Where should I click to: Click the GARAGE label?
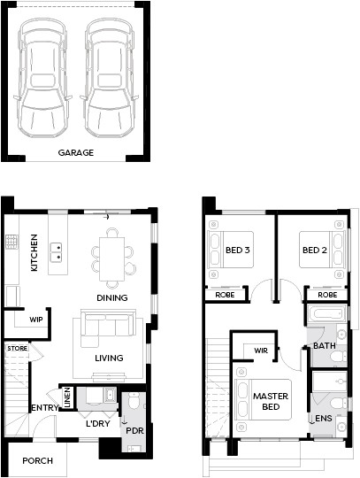[76, 152]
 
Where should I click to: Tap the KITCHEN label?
[34, 252]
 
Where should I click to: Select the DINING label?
[112, 297]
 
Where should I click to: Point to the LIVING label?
[109, 358]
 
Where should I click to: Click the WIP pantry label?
[36, 320]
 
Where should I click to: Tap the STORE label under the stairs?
[18, 348]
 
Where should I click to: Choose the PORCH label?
[38, 460]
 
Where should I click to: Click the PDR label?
[134, 431]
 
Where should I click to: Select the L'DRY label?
[97, 423]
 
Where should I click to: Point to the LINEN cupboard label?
[67, 397]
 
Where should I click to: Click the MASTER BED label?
[271, 402]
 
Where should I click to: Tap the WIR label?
[261, 351]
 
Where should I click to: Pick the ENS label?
[324, 418]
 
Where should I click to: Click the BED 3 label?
[238, 251]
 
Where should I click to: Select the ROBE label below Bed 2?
[327, 295]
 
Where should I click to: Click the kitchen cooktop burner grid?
[11, 242]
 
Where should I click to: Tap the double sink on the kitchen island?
[57, 252]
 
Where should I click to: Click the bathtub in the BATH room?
[326, 313]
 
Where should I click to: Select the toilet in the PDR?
[134, 401]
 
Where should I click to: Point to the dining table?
[111, 258]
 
